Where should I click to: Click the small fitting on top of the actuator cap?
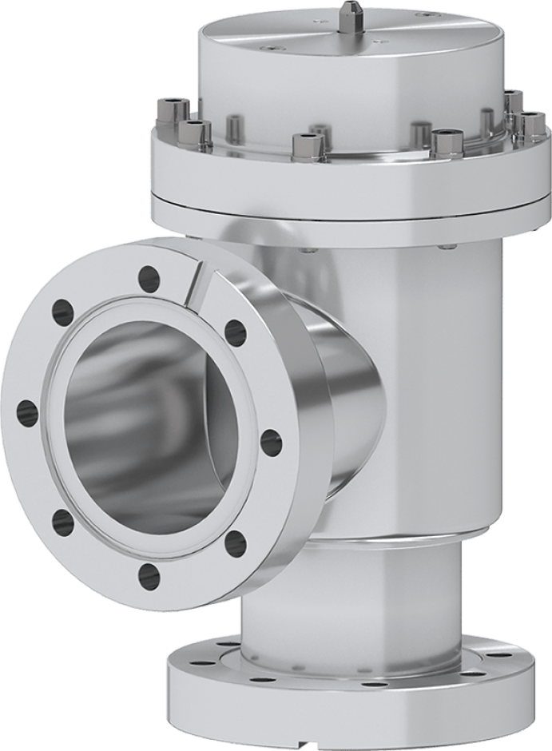coord(349,14)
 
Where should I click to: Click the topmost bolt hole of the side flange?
coord(149,278)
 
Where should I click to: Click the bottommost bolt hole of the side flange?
coord(148,573)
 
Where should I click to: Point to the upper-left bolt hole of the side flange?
coord(61,308)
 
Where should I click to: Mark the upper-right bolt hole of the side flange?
coord(234,331)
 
